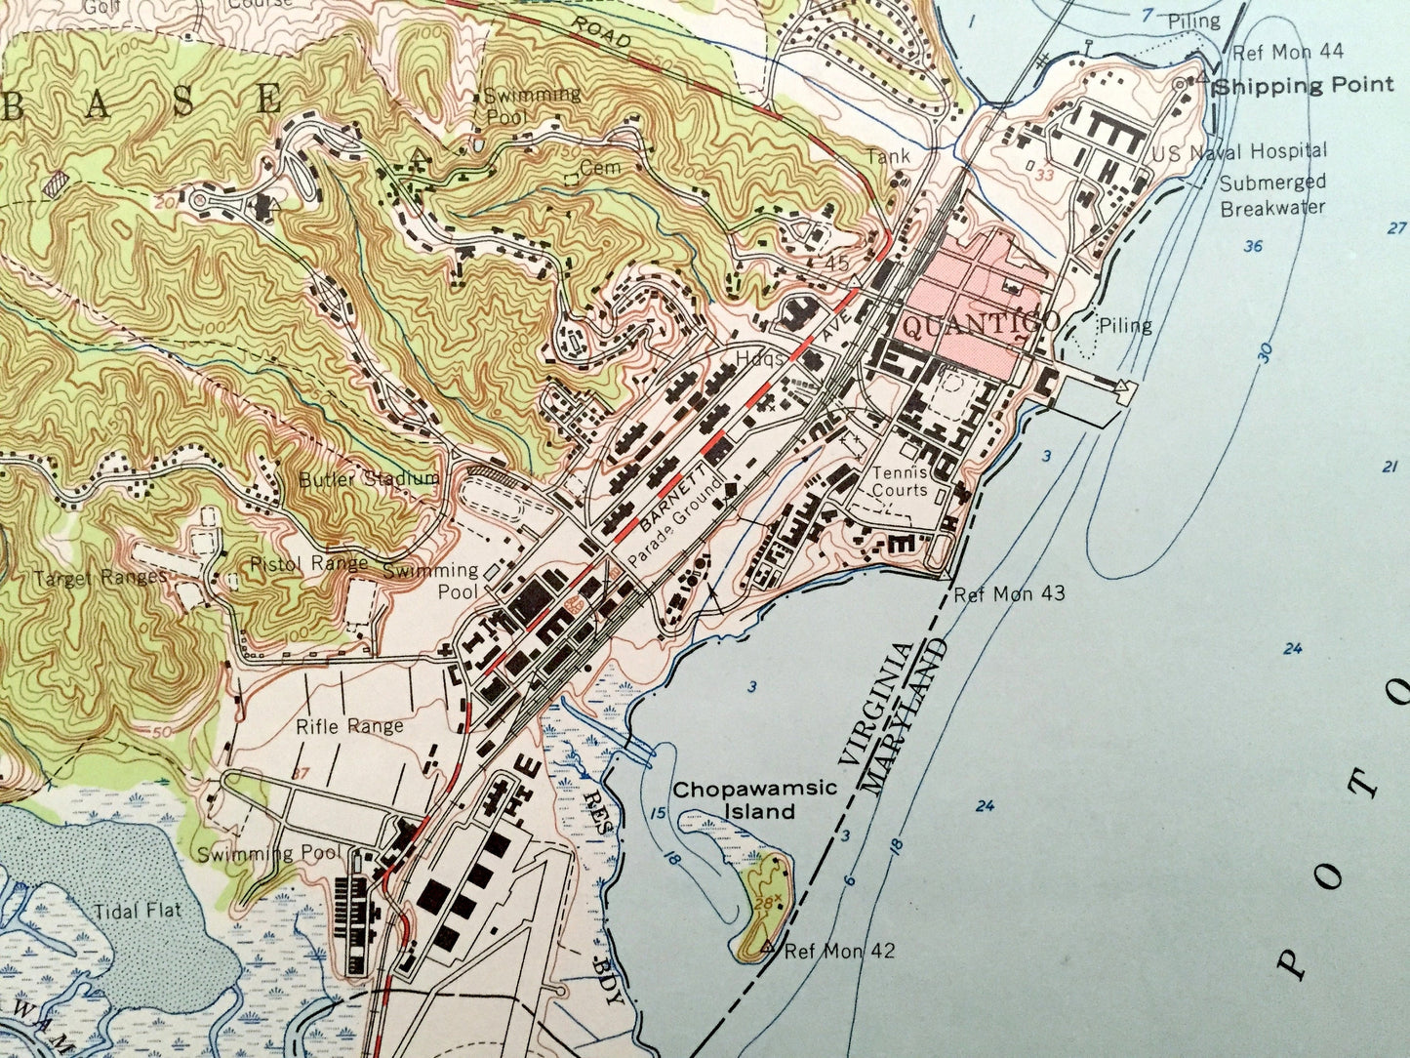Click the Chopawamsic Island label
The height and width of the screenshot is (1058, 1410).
754,799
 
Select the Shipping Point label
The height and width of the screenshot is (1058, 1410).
1305,86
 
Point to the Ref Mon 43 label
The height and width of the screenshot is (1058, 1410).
1009,593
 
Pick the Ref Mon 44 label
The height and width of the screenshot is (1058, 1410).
1288,52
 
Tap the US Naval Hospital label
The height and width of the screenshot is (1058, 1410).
1239,151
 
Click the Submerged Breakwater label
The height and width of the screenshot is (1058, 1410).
1272,194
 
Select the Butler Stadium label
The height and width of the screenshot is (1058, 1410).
369,479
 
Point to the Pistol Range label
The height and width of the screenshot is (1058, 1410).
309,563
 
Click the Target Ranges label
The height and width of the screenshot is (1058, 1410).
101,577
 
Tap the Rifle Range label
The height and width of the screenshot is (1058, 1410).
349,726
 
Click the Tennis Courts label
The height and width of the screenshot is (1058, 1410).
900,480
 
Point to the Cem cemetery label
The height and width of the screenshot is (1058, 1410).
599,168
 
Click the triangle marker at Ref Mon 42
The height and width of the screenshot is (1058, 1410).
767,947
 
